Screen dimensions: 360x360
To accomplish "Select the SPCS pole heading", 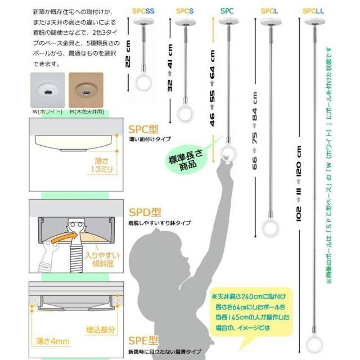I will (184, 11).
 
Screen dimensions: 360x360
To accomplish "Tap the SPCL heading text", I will (269, 11).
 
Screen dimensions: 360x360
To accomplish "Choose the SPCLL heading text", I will (313, 11).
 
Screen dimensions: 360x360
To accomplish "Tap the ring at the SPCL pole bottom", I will (269, 229).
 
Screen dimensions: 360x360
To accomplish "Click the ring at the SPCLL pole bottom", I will (313, 343).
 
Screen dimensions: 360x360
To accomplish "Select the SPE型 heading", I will (139, 341).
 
